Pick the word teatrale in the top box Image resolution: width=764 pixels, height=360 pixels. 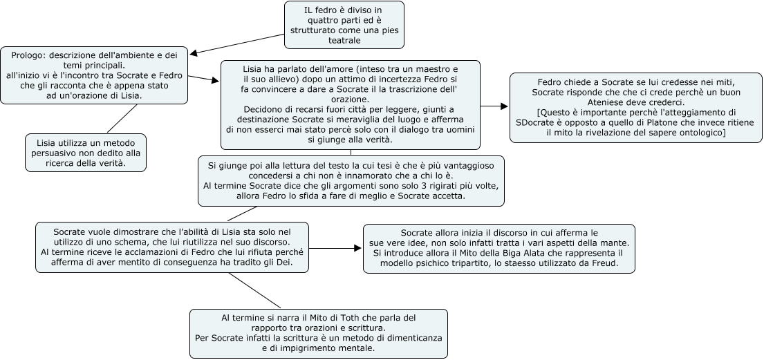point(344,41)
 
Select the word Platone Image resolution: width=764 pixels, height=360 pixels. point(642,122)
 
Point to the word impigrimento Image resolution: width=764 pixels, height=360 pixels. point(308,348)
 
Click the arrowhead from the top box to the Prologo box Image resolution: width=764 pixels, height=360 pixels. point(193,53)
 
